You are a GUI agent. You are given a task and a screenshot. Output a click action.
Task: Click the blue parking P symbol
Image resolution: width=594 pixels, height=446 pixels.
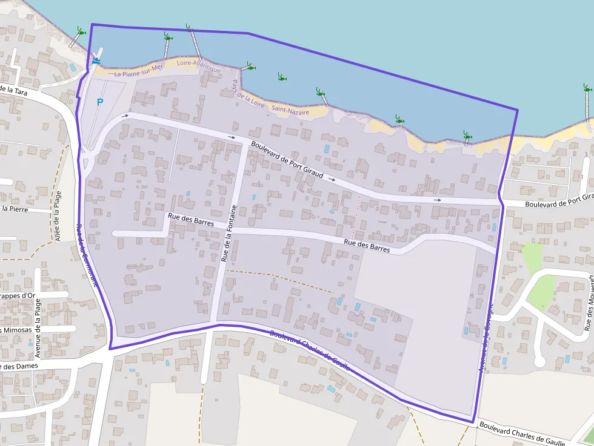100,102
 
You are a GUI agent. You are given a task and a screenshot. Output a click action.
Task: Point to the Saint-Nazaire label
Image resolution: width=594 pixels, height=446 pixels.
290,111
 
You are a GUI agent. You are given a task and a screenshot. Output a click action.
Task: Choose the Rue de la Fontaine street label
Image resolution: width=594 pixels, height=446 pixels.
229,233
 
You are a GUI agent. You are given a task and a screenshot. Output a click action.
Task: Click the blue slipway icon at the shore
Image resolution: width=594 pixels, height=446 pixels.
96,61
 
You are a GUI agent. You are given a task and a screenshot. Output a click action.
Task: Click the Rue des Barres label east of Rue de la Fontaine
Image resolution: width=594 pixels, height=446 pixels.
367,245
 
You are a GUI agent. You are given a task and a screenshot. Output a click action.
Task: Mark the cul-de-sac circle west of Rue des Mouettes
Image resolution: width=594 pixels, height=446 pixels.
539,361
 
